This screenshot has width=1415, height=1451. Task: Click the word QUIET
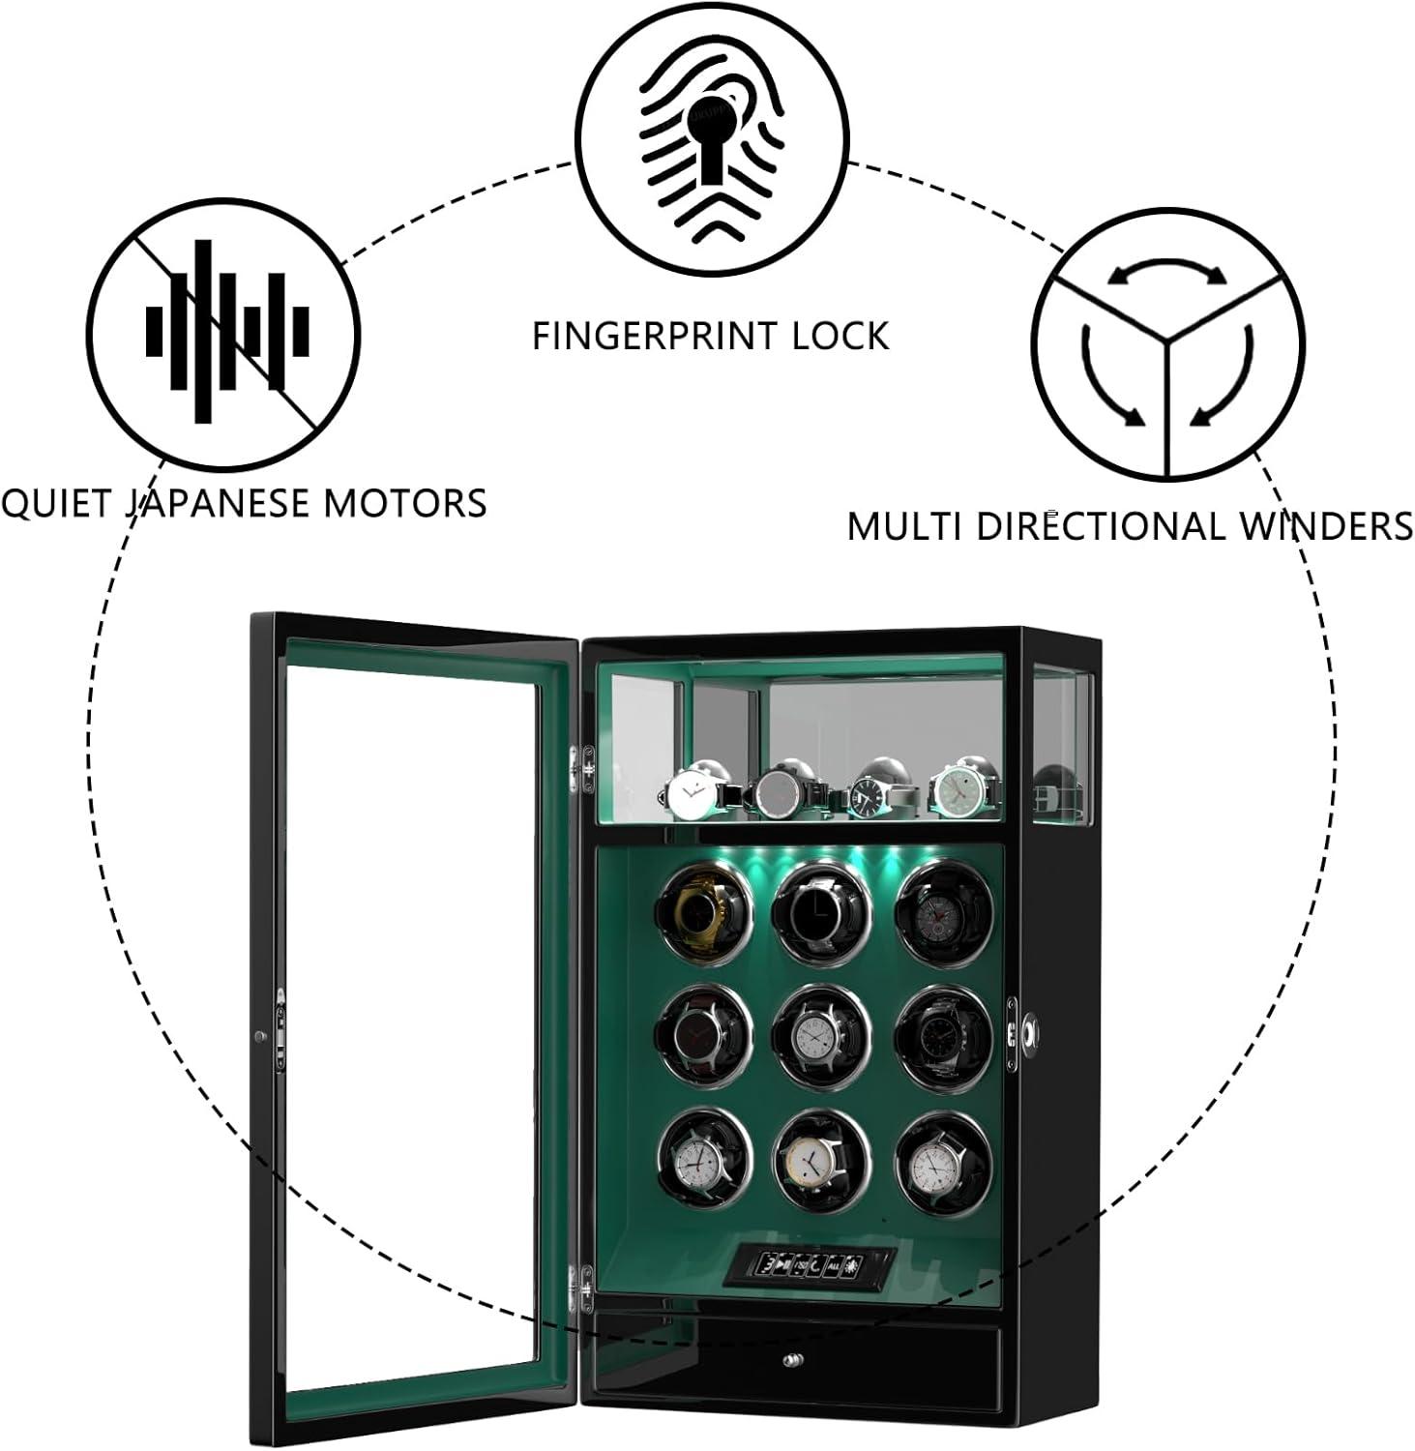pos(57,503)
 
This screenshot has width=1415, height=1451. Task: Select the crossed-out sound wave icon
pos(224,331)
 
